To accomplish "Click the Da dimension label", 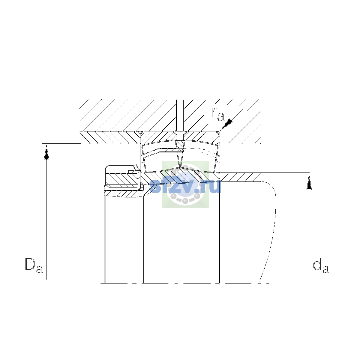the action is (34, 265).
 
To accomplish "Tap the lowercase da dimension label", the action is (321, 265).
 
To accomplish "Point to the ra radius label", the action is (217, 114).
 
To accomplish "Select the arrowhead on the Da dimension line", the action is (46, 152).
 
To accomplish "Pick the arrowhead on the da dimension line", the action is (309, 182).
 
